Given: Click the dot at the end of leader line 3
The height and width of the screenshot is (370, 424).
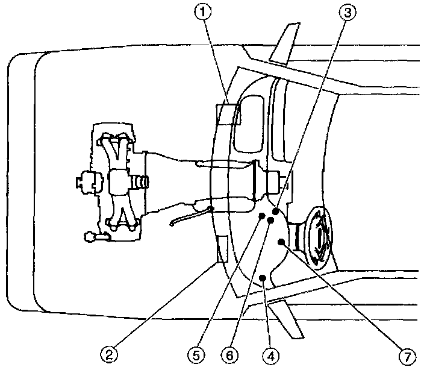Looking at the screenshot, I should (275, 212).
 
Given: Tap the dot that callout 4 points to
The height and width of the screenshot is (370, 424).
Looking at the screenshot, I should (263, 277).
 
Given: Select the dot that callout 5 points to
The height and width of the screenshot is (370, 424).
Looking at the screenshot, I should (262, 216).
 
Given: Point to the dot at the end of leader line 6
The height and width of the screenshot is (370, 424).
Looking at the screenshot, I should (270, 221).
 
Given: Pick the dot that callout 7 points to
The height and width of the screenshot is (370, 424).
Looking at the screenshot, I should (281, 242).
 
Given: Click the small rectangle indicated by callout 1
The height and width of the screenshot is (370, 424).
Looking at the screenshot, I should (228, 113).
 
